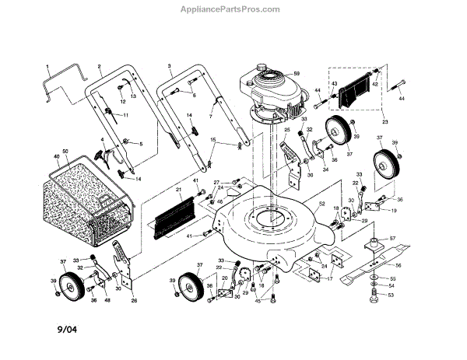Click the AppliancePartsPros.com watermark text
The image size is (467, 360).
tap(233, 9)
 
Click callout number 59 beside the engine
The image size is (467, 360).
tap(296, 75)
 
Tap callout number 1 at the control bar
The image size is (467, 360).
tap(47, 66)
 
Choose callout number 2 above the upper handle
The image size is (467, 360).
tap(100, 66)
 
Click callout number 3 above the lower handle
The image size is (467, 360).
tap(169, 66)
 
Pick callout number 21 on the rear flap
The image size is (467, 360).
tap(178, 189)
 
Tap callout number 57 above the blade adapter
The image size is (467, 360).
tap(392, 238)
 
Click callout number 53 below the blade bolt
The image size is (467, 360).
tap(392, 295)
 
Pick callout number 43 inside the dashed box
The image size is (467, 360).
tap(334, 84)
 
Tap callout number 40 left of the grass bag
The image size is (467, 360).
tap(55, 156)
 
